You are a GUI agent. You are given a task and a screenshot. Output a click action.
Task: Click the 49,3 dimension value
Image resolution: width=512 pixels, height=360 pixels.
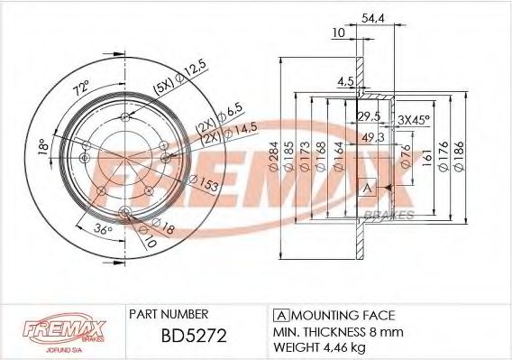coord(370,136)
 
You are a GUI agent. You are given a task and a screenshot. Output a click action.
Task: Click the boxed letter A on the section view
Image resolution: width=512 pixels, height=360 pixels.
coord(367,189)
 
